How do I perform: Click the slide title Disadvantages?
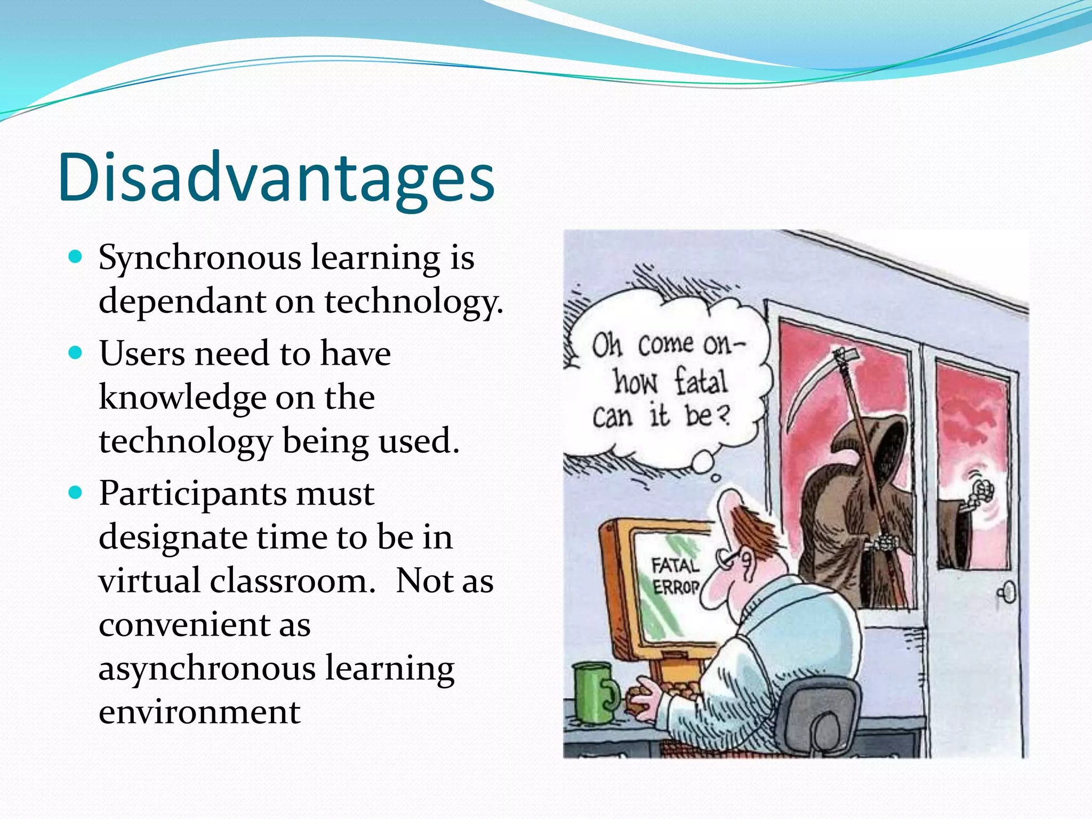[x=276, y=178]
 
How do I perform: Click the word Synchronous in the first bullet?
[x=200, y=258]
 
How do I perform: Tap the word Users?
[x=141, y=354]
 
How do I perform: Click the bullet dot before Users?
[x=76, y=353]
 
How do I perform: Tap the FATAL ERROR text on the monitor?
[x=675, y=576]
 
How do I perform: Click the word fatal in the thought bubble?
[x=701, y=381]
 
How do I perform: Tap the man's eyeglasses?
[x=732, y=558]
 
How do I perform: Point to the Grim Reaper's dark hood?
[x=880, y=443]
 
